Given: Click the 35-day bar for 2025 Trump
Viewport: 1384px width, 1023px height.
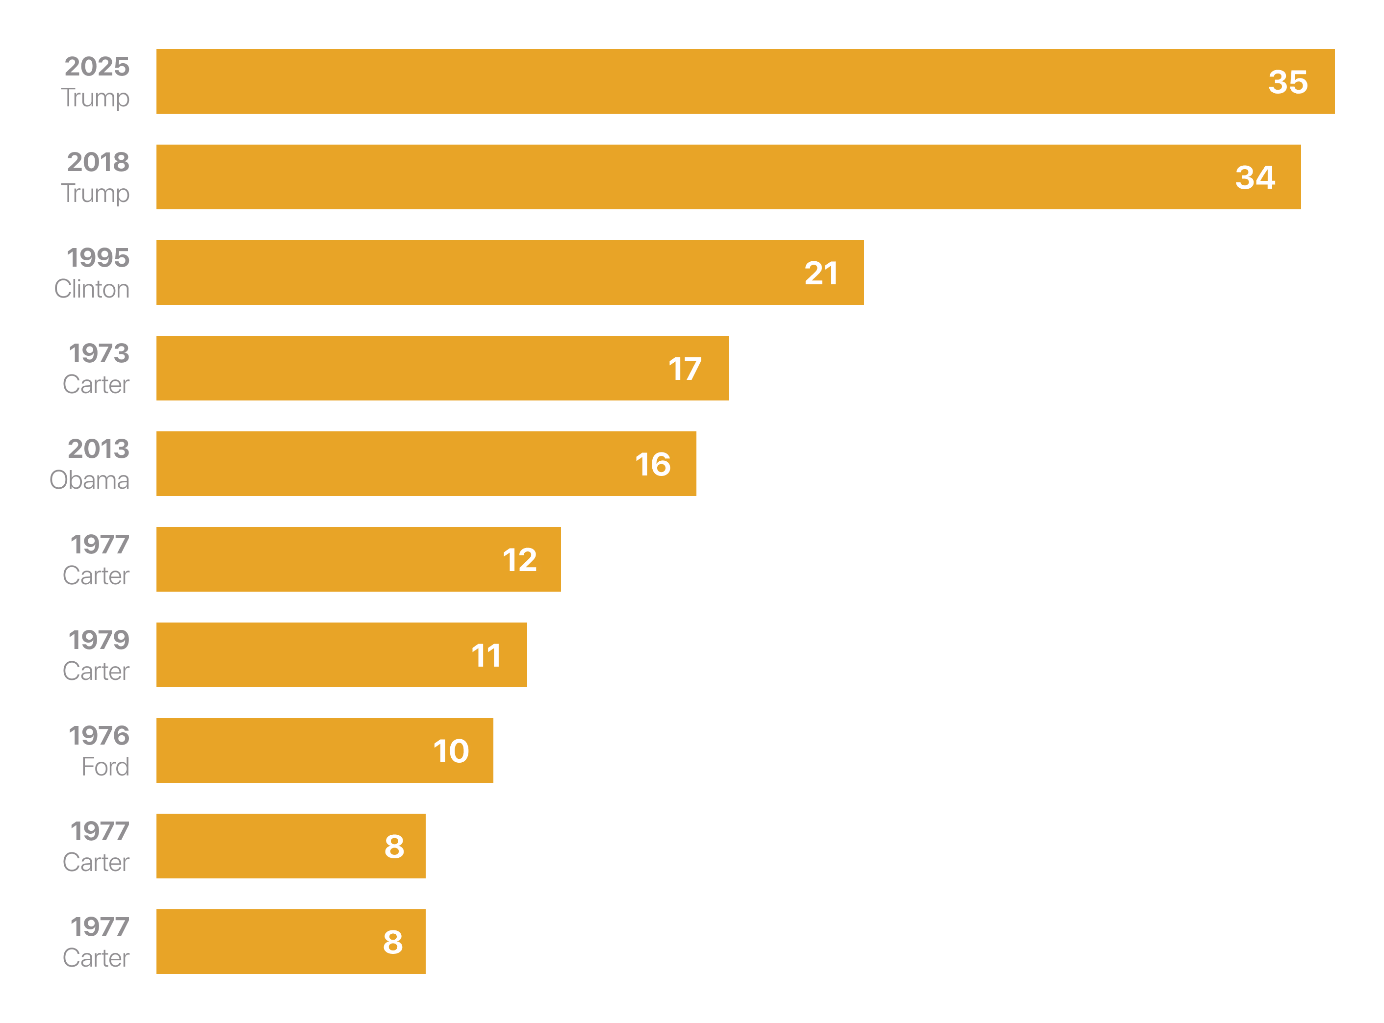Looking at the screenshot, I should pyautogui.click(x=743, y=81).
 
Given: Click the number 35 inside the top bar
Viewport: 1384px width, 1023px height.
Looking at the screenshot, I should pyautogui.click(x=1287, y=82).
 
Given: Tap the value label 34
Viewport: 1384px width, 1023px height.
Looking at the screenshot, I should pyautogui.click(x=1255, y=178).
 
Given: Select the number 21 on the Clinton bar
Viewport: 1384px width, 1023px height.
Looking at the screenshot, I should pyautogui.click(x=821, y=273).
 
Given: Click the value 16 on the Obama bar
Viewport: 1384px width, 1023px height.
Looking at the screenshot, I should pyautogui.click(x=652, y=464).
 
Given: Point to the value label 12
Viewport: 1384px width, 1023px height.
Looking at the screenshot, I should pyautogui.click(x=519, y=560).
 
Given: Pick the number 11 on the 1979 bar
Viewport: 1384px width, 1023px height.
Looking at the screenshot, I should pyautogui.click(x=486, y=655).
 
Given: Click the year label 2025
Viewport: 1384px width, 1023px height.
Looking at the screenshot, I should pyautogui.click(x=97, y=66).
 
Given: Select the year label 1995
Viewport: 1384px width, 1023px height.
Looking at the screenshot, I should pyautogui.click(x=98, y=258).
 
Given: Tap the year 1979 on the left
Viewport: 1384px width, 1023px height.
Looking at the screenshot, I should pyautogui.click(x=99, y=640).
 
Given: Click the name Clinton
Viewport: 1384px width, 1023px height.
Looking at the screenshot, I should pyautogui.click(x=92, y=289).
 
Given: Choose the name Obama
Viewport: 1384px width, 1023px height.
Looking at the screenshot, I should pyautogui.click(x=90, y=480).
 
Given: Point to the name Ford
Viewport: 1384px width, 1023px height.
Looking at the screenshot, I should pyautogui.click(x=105, y=767).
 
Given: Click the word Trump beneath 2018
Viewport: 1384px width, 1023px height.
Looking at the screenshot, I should pyautogui.click(x=96, y=194).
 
